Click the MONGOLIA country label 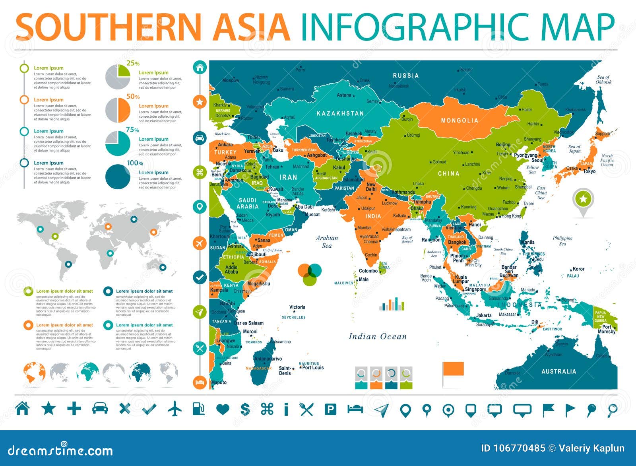460,120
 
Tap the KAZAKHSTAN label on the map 340,113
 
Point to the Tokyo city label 589,171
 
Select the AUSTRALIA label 558,371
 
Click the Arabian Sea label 327,242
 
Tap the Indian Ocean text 378,337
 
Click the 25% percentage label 133,63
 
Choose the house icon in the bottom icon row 22,408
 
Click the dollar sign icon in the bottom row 245,409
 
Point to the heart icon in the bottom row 223,409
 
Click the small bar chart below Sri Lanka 392,304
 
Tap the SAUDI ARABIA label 247,204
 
